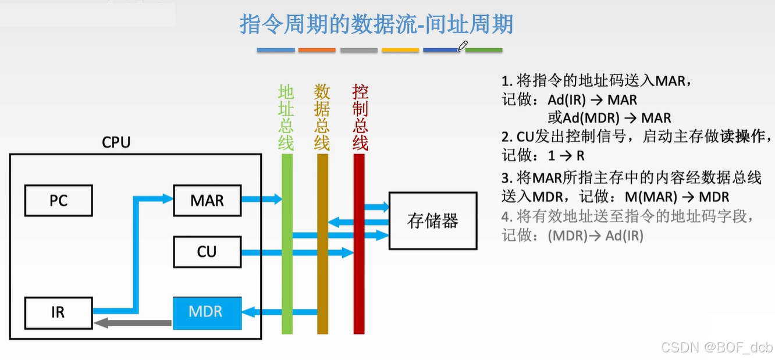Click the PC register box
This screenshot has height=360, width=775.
[58, 201]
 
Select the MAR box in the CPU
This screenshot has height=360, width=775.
[207, 201]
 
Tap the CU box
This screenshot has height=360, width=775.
[207, 252]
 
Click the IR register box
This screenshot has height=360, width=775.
[58, 312]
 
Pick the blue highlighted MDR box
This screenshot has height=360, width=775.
[207, 312]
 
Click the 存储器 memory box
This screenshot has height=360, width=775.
[432, 220]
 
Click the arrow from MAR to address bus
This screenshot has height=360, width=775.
[261, 199]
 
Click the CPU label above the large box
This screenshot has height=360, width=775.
[116, 142]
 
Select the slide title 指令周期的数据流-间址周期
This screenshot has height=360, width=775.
[376, 25]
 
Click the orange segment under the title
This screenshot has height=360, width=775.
[317, 50]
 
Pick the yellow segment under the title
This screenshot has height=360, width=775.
[400, 50]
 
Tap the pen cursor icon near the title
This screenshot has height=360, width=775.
[463, 46]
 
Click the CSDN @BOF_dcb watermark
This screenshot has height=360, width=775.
[717, 348]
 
